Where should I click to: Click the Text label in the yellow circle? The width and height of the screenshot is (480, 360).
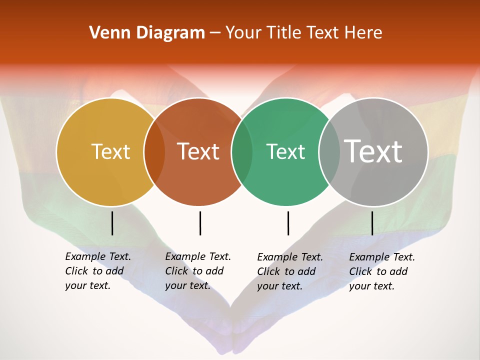(x=110, y=151)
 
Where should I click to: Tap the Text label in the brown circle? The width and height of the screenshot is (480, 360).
(x=198, y=151)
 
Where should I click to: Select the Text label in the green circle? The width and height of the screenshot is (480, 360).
(x=285, y=151)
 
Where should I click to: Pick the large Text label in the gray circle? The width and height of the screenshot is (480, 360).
(x=373, y=151)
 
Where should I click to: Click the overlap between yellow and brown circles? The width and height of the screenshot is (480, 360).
(x=154, y=152)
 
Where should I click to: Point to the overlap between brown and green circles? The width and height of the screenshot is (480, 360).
(x=242, y=152)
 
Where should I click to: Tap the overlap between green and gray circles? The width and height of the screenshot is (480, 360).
(x=329, y=152)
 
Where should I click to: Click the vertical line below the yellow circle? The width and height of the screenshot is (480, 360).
(x=112, y=223)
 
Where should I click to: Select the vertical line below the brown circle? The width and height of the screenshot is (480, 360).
(x=200, y=223)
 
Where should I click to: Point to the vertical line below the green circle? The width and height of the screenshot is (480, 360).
(x=288, y=223)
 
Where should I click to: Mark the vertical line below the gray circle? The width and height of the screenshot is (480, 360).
(x=372, y=223)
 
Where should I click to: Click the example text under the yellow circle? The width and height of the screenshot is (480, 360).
(x=98, y=271)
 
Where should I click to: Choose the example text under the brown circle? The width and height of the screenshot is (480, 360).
(x=198, y=271)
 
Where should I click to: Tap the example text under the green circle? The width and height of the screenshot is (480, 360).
(x=290, y=271)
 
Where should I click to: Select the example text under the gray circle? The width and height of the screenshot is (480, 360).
(x=382, y=271)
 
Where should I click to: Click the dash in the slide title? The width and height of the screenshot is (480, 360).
(x=215, y=33)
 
